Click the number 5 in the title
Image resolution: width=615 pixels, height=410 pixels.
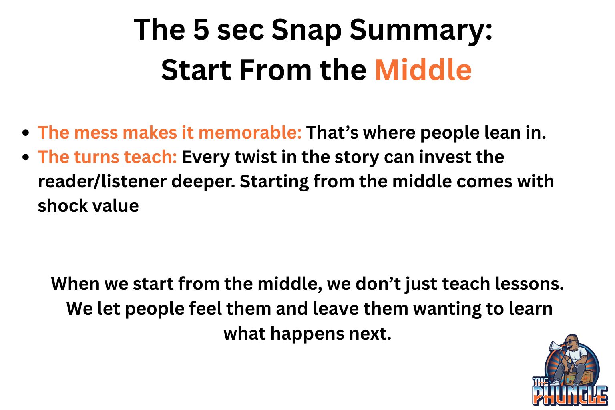click(201, 30)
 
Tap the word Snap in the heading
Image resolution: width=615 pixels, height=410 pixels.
click(306, 32)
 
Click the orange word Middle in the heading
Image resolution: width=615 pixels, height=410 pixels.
click(423, 70)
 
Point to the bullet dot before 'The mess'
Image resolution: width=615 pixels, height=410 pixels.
click(26, 133)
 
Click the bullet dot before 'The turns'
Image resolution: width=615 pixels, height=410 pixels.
click(26, 157)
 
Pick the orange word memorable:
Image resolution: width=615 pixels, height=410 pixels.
click(250, 133)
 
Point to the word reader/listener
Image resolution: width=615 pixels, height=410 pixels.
click(102, 182)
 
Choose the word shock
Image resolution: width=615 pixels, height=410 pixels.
click(62, 206)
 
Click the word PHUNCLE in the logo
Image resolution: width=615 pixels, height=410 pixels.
click(570, 396)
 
